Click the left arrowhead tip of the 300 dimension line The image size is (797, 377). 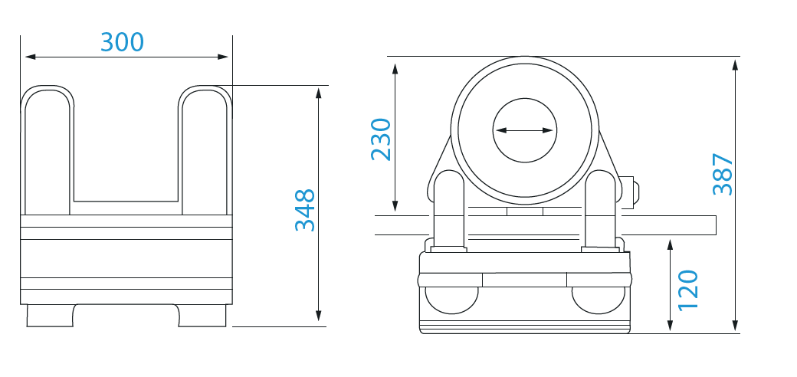pyautogui.click(x=25, y=57)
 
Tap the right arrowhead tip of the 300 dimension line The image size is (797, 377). pyautogui.click(x=228, y=57)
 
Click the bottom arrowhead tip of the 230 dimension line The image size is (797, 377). pyautogui.click(x=395, y=211)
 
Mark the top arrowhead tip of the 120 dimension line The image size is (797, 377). pyautogui.click(x=670, y=239)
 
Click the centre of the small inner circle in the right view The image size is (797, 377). pyautogui.click(x=524, y=130)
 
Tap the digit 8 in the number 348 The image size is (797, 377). pyautogui.click(x=305, y=197)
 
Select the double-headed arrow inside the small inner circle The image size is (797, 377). pyautogui.click(x=524, y=130)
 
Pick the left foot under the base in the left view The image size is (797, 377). pyautogui.click(x=51, y=316)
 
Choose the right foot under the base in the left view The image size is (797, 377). pyautogui.click(x=202, y=316)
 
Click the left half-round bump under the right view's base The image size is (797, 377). pyautogui.click(x=451, y=300)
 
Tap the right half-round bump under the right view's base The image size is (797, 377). pyautogui.click(x=599, y=300)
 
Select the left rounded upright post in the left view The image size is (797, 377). pyautogui.click(x=48, y=150)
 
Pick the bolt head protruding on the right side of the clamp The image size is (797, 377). pyautogui.click(x=629, y=192)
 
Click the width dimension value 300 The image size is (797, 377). pyautogui.click(x=122, y=42)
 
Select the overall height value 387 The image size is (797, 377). pyautogui.click(x=723, y=174)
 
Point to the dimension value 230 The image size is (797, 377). pyautogui.click(x=381, y=139)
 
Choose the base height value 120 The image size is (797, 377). pyautogui.click(x=688, y=290)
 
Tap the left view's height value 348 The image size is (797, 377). pyautogui.click(x=305, y=211)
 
